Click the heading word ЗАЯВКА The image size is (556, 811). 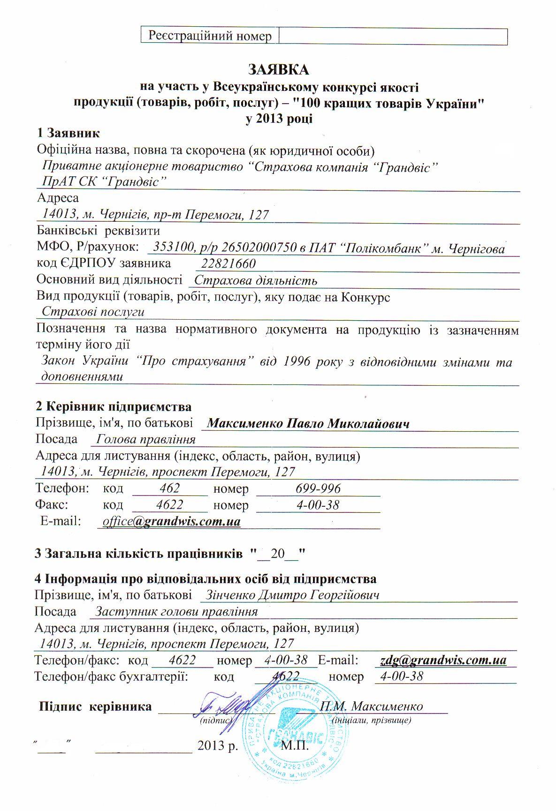tap(278, 70)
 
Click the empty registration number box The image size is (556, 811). tap(393, 36)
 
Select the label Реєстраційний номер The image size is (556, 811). tap(210, 36)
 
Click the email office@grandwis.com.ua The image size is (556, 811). tap(172, 522)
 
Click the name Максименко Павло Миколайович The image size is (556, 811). tap(308, 424)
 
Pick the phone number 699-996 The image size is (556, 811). tap(318, 488)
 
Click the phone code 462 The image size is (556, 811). tap(169, 488)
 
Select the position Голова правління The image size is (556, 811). tap(146, 440)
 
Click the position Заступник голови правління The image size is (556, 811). tap(176, 612)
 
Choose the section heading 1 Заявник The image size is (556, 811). tap(68, 133)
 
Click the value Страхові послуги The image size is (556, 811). tap(93, 312)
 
